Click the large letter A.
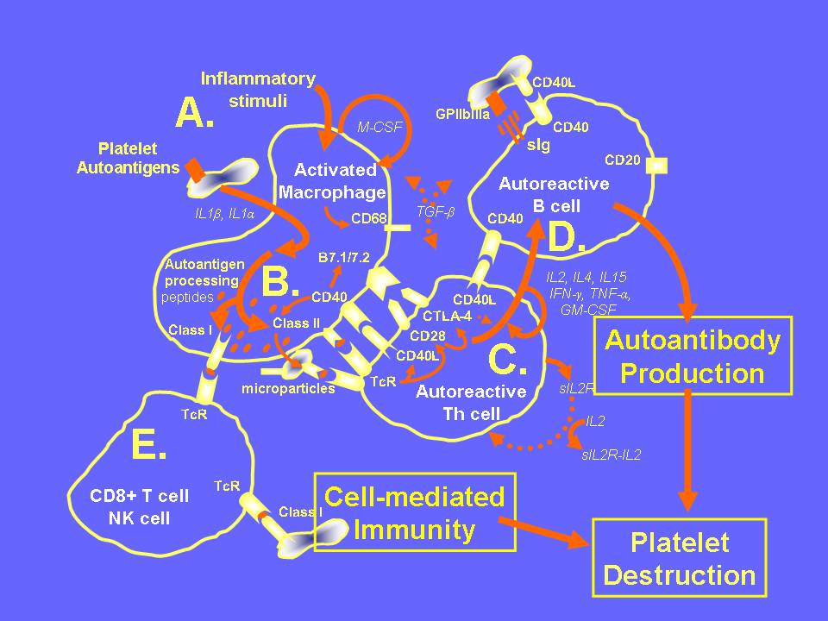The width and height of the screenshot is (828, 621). click(195, 113)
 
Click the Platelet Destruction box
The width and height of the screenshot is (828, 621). click(679, 559)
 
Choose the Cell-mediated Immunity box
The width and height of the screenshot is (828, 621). click(415, 513)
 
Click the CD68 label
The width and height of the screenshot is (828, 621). click(368, 218)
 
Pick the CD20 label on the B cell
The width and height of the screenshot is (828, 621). click(622, 160)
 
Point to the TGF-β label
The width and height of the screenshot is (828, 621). click(434, 209)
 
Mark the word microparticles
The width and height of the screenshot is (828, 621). click(289, 388)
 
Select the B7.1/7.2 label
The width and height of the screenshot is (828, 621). click(342, 257)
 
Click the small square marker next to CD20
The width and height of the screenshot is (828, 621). click(662, 166)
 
